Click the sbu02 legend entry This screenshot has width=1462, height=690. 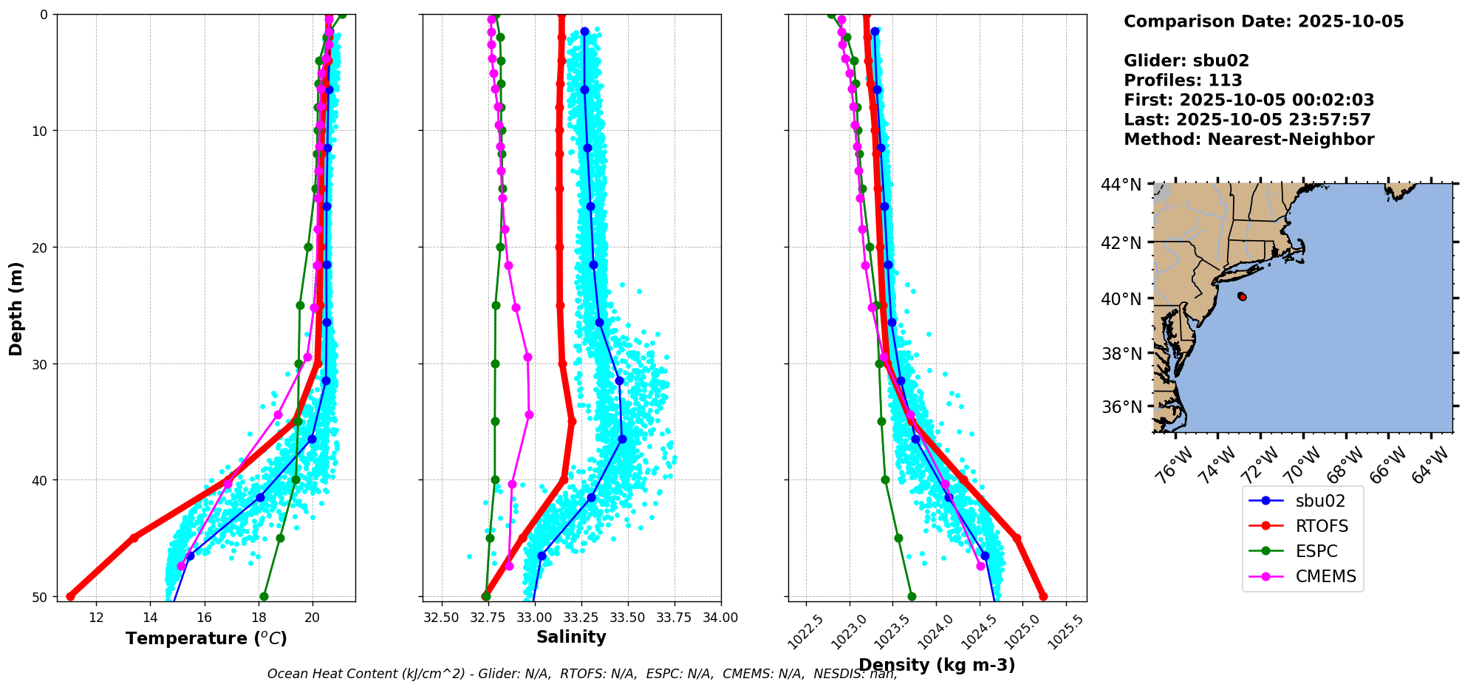(x=1320, y=501)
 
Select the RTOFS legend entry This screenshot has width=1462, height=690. (x=1322, y=526)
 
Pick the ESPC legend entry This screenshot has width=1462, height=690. (x=1316, y=551)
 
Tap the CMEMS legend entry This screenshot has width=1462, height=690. (x=1325, y=576)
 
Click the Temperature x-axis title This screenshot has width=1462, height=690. (x=206, y=638)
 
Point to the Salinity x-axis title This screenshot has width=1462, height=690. (x=571, y=637)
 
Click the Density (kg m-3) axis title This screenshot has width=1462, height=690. (x=937, y=665)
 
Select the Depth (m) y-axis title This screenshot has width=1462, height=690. (x=16, y=308)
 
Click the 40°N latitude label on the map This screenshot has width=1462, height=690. (x=1121, y=299)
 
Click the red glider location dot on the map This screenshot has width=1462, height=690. (x=1243, y=297)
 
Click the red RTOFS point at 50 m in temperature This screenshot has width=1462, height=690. (x=70, y=596)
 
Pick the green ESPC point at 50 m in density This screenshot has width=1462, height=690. (x=912, y=596)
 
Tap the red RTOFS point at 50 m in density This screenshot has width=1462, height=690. (x=1043, y=596)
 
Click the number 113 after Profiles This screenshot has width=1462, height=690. (x=1225, y=81)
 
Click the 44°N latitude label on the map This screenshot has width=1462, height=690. (x=1121, y=185)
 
